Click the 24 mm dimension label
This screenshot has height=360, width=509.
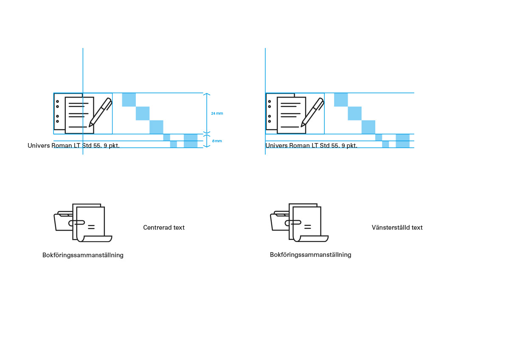(217, 113)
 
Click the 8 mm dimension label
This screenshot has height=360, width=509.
(217, 141)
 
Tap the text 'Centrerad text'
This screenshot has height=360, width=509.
(164, 228)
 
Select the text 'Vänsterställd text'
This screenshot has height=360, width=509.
(397, 228)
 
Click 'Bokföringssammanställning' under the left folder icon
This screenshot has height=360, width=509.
(83, 255)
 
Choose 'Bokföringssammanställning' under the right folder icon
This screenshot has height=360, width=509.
(310, 255)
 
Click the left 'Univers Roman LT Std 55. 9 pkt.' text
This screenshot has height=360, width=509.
(73, 146)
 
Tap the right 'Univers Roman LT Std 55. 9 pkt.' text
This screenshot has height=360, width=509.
(311, 146)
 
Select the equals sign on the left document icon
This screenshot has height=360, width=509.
(91, 227)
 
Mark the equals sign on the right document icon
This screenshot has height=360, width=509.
(307, 227)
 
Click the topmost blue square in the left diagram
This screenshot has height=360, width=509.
(129, 100)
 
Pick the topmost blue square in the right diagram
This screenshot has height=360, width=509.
(341, 100)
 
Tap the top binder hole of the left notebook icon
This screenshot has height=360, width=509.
(57, 101)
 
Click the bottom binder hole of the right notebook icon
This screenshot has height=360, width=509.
(269, 121)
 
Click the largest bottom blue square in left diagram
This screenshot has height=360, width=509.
(191, 141)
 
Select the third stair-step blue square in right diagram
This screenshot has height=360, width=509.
(368, 127)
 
